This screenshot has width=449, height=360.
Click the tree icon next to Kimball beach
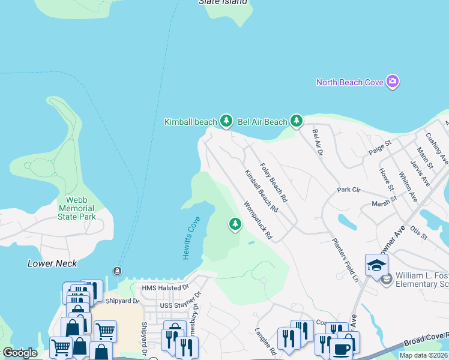click(x=226, y=122)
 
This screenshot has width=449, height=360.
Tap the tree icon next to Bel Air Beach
click(x=296, y=122)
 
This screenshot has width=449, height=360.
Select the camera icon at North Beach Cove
click(x=393, y=82)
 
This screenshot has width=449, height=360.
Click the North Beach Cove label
click(x=350, y=82)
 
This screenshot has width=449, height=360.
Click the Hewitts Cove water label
click(x=190, y=238)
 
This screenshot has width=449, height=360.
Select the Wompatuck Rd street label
click(x=259, y=220)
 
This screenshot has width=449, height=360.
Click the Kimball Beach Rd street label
click(x=261, y=191)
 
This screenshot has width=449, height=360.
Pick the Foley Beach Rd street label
click(x=273, y=182)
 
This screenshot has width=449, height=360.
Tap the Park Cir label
click(x=348, y=190)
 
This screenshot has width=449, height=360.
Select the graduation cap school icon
click(x=376, y=265)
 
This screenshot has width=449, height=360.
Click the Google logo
click(x=19, y=353)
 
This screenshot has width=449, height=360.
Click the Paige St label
click(x=380, y=148)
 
